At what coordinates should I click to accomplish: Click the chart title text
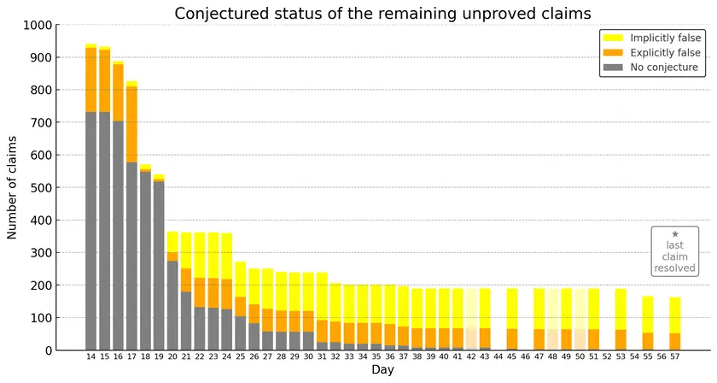coord(382,14)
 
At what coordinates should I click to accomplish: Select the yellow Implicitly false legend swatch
coord(613,38)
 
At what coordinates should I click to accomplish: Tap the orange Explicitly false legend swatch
coord(613,53)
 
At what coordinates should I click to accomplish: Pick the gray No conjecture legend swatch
coord(613,68)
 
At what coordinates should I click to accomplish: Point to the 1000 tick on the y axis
coord(38,25)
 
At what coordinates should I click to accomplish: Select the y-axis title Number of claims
coord(12,187)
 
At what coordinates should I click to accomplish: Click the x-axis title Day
coord(382,369)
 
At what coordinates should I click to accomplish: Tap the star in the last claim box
coord(675,234)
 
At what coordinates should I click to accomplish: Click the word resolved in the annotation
coord(675,268)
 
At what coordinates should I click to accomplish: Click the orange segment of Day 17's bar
coord(131,124)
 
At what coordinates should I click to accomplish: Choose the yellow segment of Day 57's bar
coord(675,315)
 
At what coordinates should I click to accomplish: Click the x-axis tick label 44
coord(498,356)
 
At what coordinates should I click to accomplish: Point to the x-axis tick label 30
coord(308,356)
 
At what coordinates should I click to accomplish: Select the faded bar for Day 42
coord(471,320)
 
